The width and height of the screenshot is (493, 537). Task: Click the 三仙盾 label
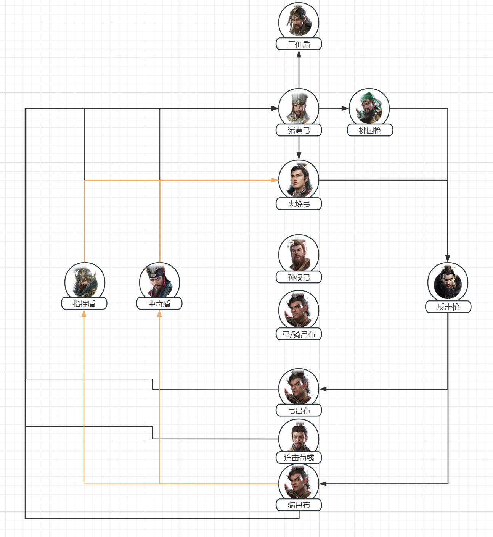click(x=299, y=44)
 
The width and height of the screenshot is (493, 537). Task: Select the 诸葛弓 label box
click(x=299, y=130)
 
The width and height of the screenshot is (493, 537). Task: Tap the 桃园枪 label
click(x=370, y=130)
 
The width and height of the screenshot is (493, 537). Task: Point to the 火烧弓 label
click(x=299, y=204)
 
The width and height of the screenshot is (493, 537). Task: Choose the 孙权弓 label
click(x=299, y=277)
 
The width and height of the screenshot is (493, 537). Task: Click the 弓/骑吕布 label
click(x=299, y=334)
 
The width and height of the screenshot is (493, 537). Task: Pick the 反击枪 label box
click(x=448, y=306)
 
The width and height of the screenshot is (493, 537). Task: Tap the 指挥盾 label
click(x=84, y=303)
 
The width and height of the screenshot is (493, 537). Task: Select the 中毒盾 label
click(x=159, y=303)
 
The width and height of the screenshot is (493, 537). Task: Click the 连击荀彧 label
click(x=299, y=458)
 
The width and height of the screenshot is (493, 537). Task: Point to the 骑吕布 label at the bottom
click(x=299, y=505)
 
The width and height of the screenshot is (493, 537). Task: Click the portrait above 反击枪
click(x=448, y=282)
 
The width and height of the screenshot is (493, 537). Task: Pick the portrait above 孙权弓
click(x=299, y=253)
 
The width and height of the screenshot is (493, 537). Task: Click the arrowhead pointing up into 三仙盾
click(x=299, y=54)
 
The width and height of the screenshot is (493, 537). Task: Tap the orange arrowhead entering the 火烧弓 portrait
click(x=275, y=180)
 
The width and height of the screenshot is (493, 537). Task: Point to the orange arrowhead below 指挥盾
click(x=84, y=313)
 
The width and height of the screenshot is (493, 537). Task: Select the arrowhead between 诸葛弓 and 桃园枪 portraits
click(x=345, y=108)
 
